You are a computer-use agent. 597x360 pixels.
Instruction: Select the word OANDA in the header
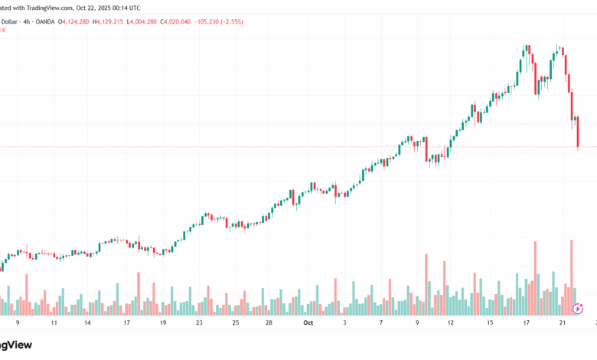pos(42,21)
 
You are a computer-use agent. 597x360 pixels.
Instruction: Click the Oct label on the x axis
pos(308,323)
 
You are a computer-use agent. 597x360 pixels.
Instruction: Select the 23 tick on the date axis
pos(198,323)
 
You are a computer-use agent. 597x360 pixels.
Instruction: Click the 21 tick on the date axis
pos(562,323)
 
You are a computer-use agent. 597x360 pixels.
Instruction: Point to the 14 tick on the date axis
pos(88,323)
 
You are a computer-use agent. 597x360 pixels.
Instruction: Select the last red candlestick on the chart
pos(578,133)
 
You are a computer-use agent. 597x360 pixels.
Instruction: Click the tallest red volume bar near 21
pos(571,277)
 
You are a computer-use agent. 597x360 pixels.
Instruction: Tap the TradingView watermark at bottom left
pos(23,345)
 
